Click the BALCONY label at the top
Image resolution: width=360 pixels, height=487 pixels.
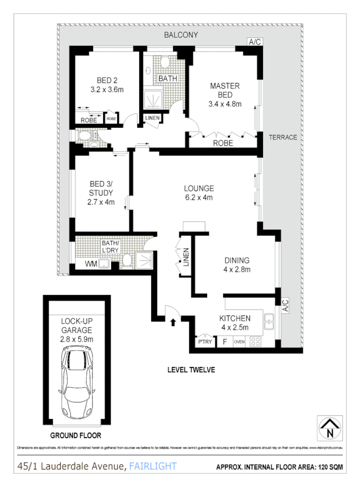(181, 35)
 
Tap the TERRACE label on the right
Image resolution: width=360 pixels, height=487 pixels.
(283, 138)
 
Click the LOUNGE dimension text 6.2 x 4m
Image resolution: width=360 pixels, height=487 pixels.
(198, 198)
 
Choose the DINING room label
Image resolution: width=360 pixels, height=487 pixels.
(237, 261)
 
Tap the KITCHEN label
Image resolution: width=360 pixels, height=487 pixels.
(235, 319)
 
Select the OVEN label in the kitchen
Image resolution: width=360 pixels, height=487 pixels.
(239, 342)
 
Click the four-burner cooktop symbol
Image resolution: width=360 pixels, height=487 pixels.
(256, 341)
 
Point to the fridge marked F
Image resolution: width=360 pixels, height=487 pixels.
(224, 341)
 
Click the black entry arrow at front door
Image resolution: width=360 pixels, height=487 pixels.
(174, 321)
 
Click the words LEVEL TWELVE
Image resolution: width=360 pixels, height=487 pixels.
(191, 370)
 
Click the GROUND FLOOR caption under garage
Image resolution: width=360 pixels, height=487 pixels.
(76, 436)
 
